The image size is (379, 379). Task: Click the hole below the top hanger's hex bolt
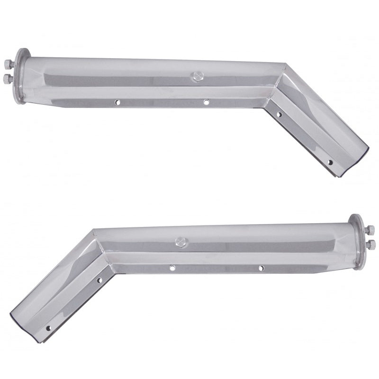(206, 101)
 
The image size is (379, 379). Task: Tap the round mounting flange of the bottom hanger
(359, 240)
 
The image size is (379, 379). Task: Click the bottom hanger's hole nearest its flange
(262, 268)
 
